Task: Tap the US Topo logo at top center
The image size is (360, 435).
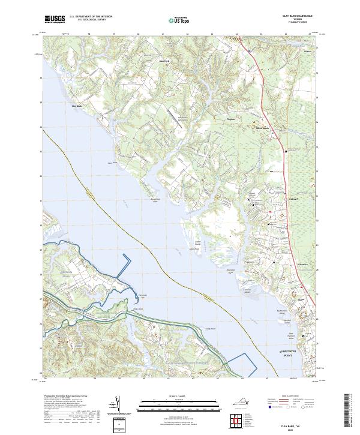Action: (x=175, y=20)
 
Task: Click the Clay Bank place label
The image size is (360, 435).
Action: (x=76, y=106)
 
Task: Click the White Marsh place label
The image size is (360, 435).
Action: (x=262, y=128)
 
